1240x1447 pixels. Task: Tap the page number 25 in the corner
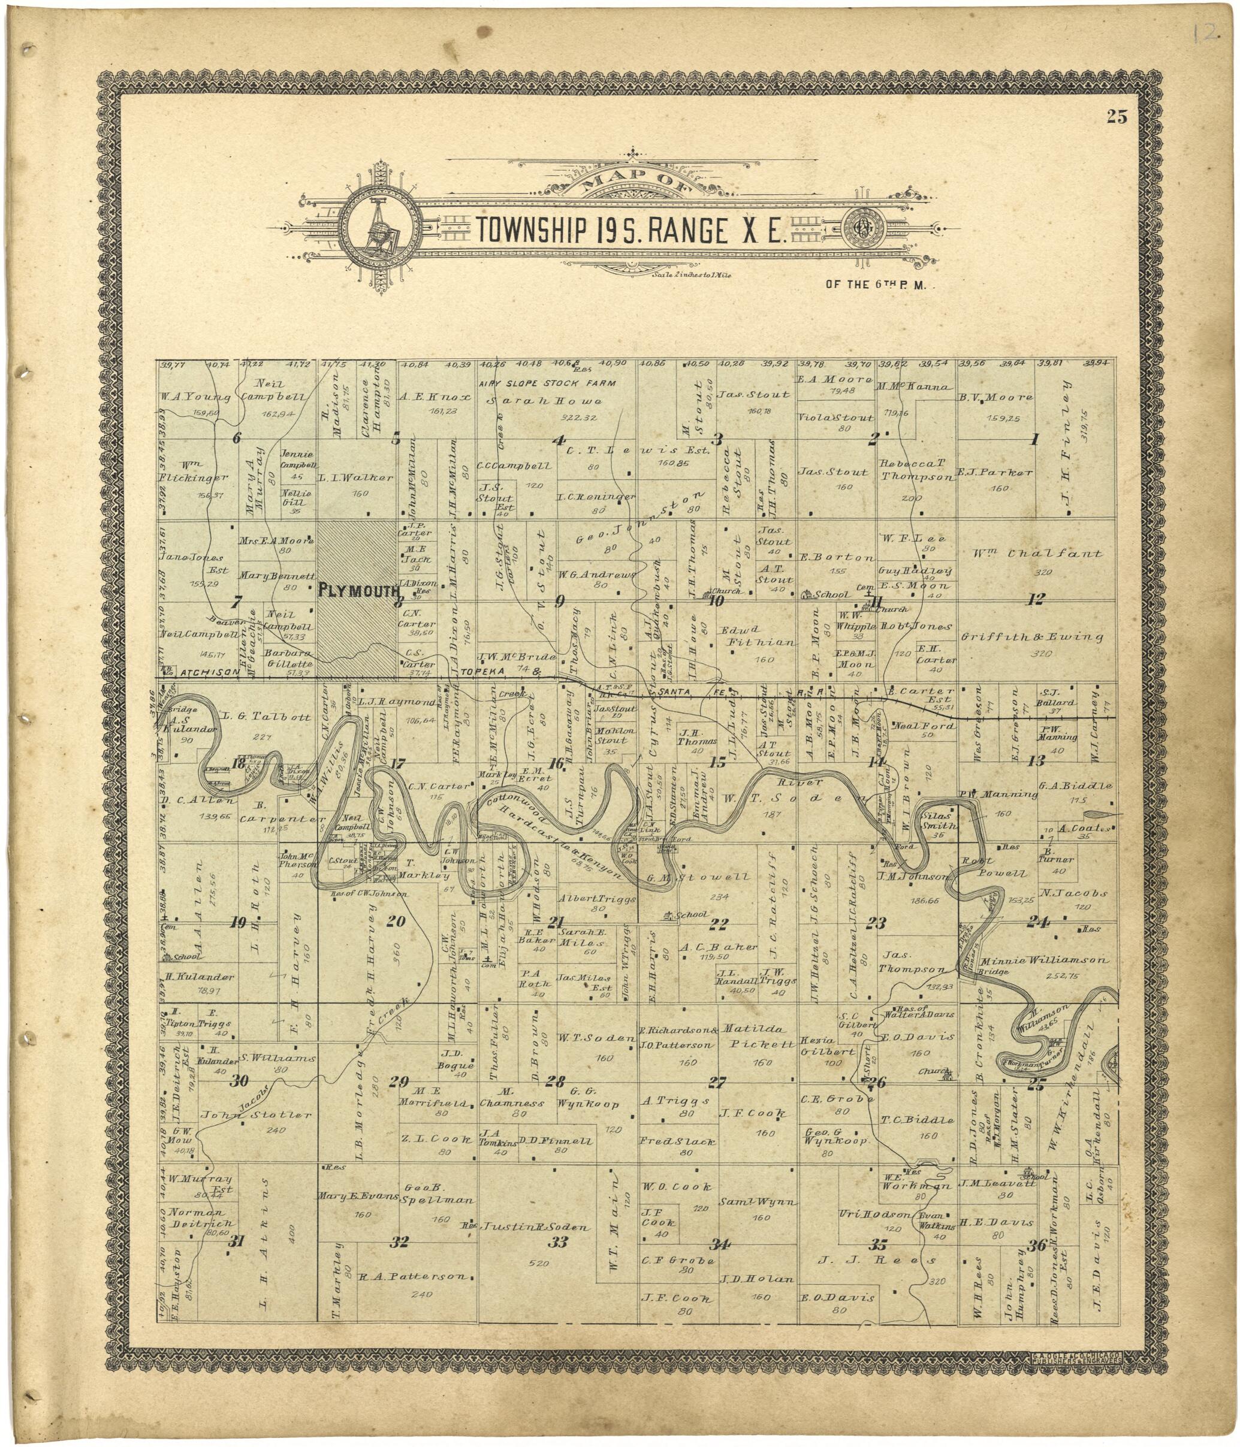coord(1117,117)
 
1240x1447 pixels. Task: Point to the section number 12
coord(1037,599)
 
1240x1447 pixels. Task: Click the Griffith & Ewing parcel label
coord(1037,636)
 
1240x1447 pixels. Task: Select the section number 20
coord(396,921)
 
